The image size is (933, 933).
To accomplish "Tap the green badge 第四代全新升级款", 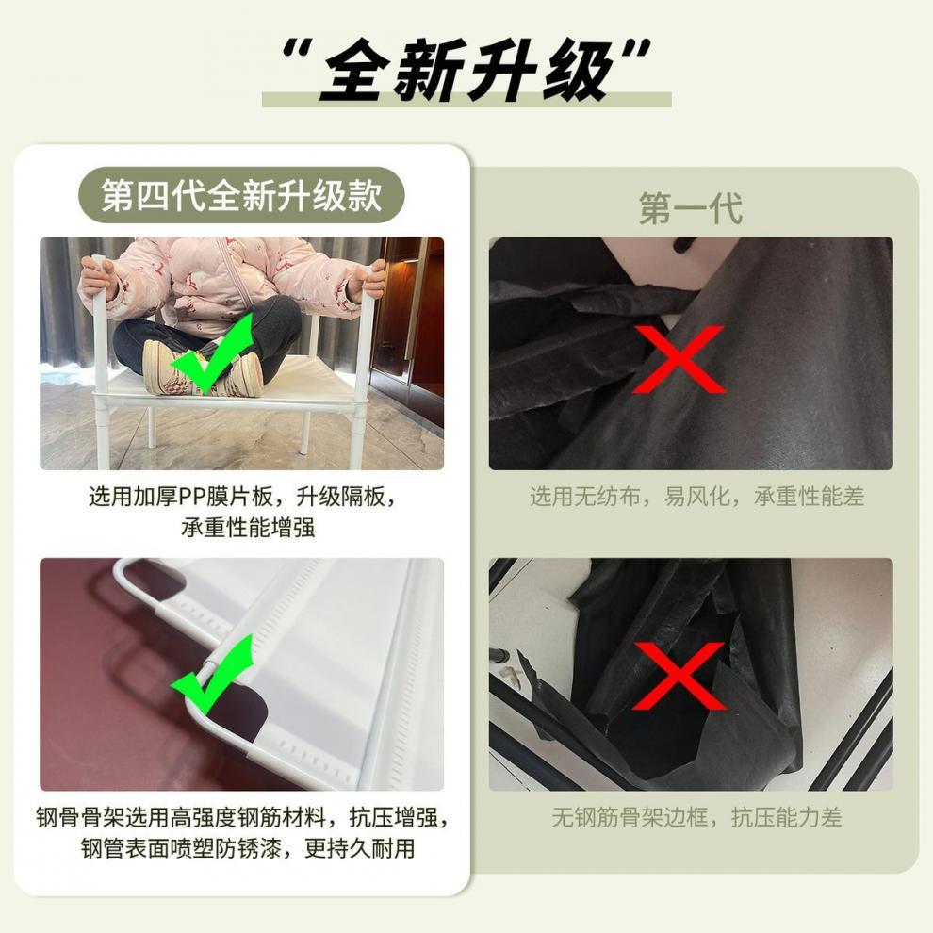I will pos(241,196).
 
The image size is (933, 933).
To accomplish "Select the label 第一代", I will pos(690,208).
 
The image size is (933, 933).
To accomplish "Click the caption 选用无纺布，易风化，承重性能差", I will pos(696,497).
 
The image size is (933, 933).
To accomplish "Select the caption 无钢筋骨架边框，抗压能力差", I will pos(696,817).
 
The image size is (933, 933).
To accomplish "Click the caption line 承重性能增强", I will pos(248,527).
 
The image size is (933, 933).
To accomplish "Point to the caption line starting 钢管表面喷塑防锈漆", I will pos(248,847).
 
